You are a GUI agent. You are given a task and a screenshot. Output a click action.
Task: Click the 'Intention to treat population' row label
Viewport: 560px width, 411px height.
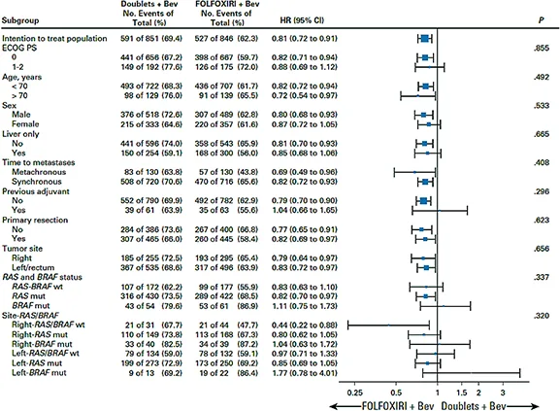[x=56, y=38]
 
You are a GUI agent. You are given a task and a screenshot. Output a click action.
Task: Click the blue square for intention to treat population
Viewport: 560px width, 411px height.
[x=425, y=38]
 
